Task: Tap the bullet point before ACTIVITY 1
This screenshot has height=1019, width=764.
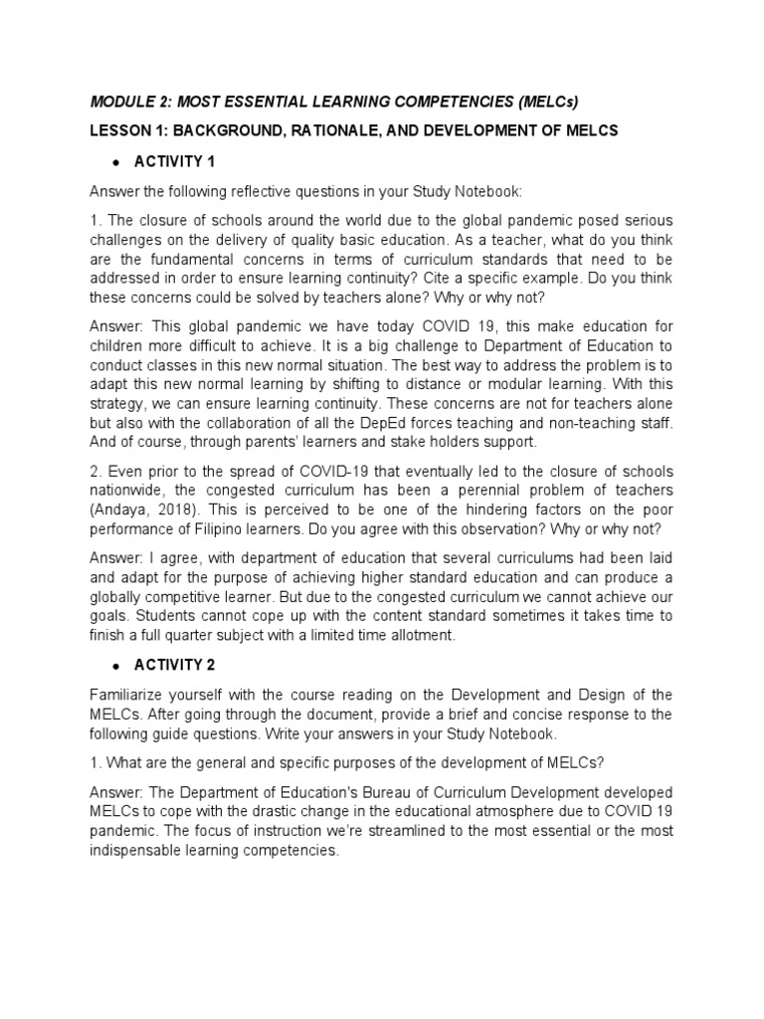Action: [x=116, y=161]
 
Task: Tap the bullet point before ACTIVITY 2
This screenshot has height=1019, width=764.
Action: [x=116, y=665]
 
